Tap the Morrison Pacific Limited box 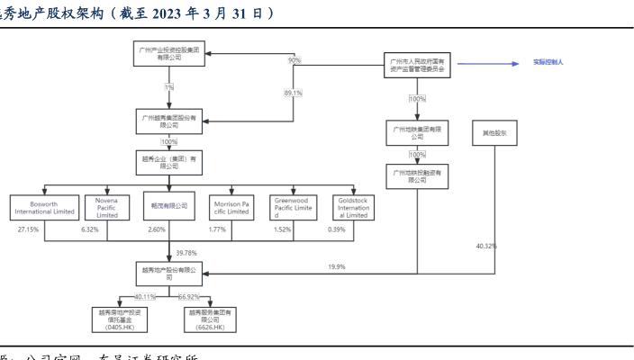pos(231,206)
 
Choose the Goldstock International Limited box pos(354,206)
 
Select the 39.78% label pos(187,253)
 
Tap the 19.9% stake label pos(337,266)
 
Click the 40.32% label pos(485,246)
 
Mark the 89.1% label pos(293,93)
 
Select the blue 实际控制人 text pos(548,64)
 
